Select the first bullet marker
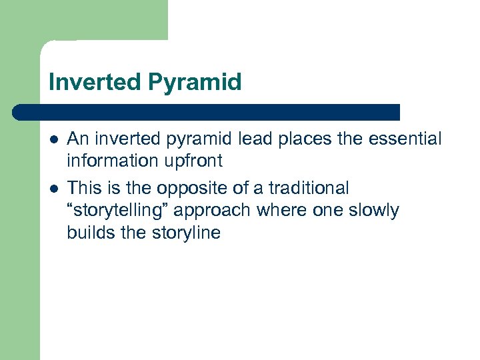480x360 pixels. (x=53, y=139)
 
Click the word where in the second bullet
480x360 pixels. (x=291, y=211)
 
